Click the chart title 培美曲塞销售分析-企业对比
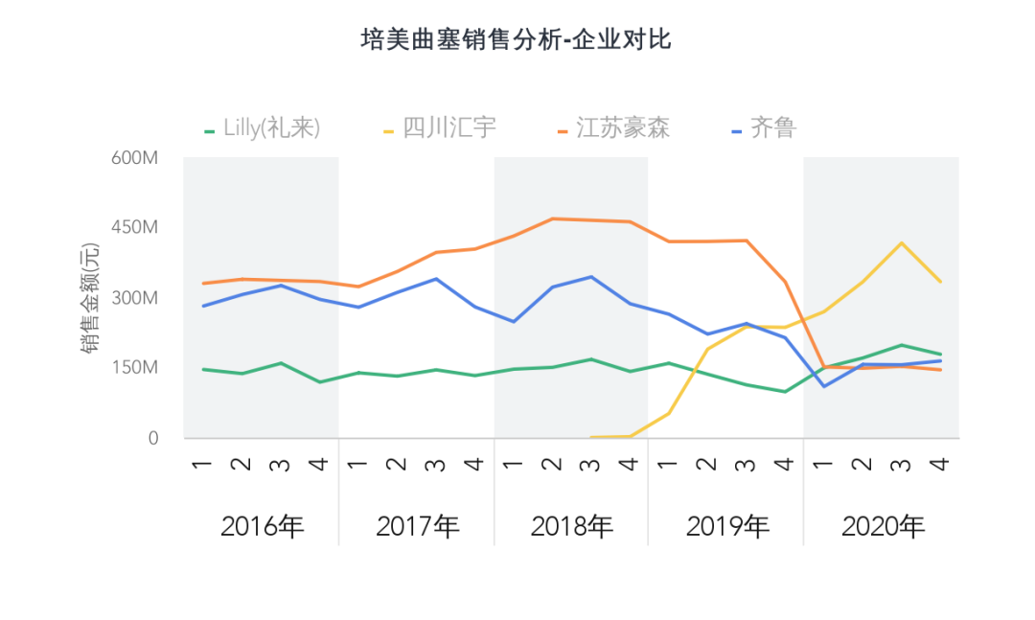click(x=517, y=39)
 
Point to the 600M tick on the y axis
click(x=134, y=158)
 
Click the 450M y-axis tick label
click(x=134, y=228)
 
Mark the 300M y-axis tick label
click(x=134, y=298)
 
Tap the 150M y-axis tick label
click(x=134, y=368)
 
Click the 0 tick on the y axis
click(x=151, y=438)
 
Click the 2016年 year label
click(x=262, y=526)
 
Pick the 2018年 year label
click(x=572, y=526)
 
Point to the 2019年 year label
click(x=727, y=526)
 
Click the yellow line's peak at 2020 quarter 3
click(x=901, y=242)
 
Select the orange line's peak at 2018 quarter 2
click(x=552, y=218)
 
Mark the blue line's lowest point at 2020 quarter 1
click(x=824, y=386)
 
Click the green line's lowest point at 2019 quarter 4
click(x=785, y=391)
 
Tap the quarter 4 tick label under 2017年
click(x=474, y=464)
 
